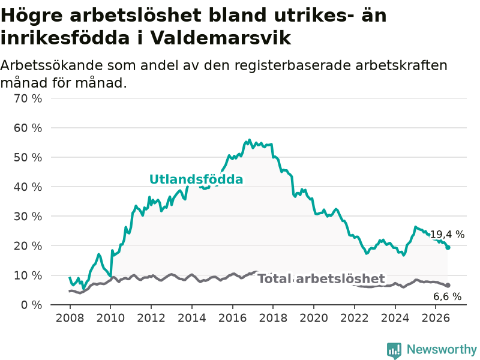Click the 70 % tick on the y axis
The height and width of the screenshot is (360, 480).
28,98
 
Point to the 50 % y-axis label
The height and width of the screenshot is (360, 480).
28,157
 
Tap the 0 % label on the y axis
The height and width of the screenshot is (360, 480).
32,305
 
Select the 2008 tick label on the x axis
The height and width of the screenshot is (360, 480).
70,318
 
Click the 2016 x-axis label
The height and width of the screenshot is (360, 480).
232,318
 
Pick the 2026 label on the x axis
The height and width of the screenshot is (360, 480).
436,318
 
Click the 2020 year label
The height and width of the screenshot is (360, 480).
314,318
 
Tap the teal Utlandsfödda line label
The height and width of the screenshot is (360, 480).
196,179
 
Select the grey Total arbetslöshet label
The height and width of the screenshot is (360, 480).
321,279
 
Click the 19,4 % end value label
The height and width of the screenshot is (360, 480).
447,235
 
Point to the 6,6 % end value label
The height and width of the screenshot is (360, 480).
447,296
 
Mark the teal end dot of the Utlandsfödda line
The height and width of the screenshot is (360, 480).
448,247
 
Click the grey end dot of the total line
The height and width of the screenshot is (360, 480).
448,286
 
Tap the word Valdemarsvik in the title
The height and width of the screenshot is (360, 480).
220,38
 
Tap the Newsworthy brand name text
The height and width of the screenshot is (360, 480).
442,349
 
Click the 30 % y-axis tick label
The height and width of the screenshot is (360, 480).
28,217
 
